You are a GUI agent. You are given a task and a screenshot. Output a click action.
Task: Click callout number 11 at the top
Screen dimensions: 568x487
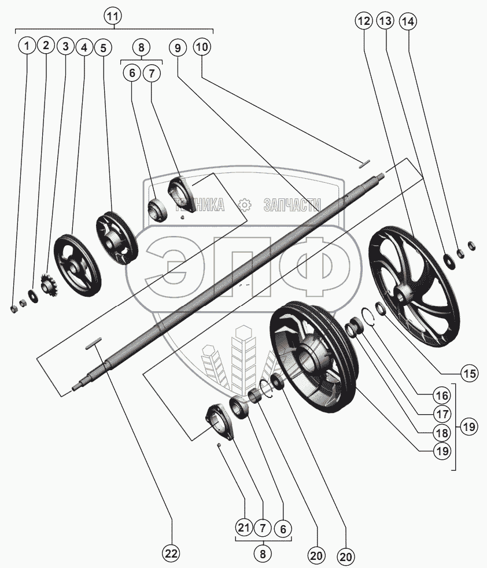pyautogui.click(x=114, y=16)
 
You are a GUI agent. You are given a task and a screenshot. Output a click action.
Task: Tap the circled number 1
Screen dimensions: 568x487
pyautogui.click(x=26, y=45)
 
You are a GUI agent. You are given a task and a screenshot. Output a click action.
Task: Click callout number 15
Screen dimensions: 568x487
pyautogui.click(x=470, y=373)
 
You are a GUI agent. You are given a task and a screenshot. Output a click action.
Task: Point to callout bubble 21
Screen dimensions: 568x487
pyautogui.click(x=244, y=528)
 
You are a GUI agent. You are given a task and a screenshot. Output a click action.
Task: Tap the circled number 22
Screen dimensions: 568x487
pyautogui.click(x=171, y=554)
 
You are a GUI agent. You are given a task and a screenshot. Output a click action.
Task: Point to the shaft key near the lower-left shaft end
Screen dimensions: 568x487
pyautogui.click(x=94, y=344)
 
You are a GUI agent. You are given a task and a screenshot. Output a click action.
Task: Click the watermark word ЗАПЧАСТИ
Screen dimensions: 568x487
pyautogui.click(x=291, y=205)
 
